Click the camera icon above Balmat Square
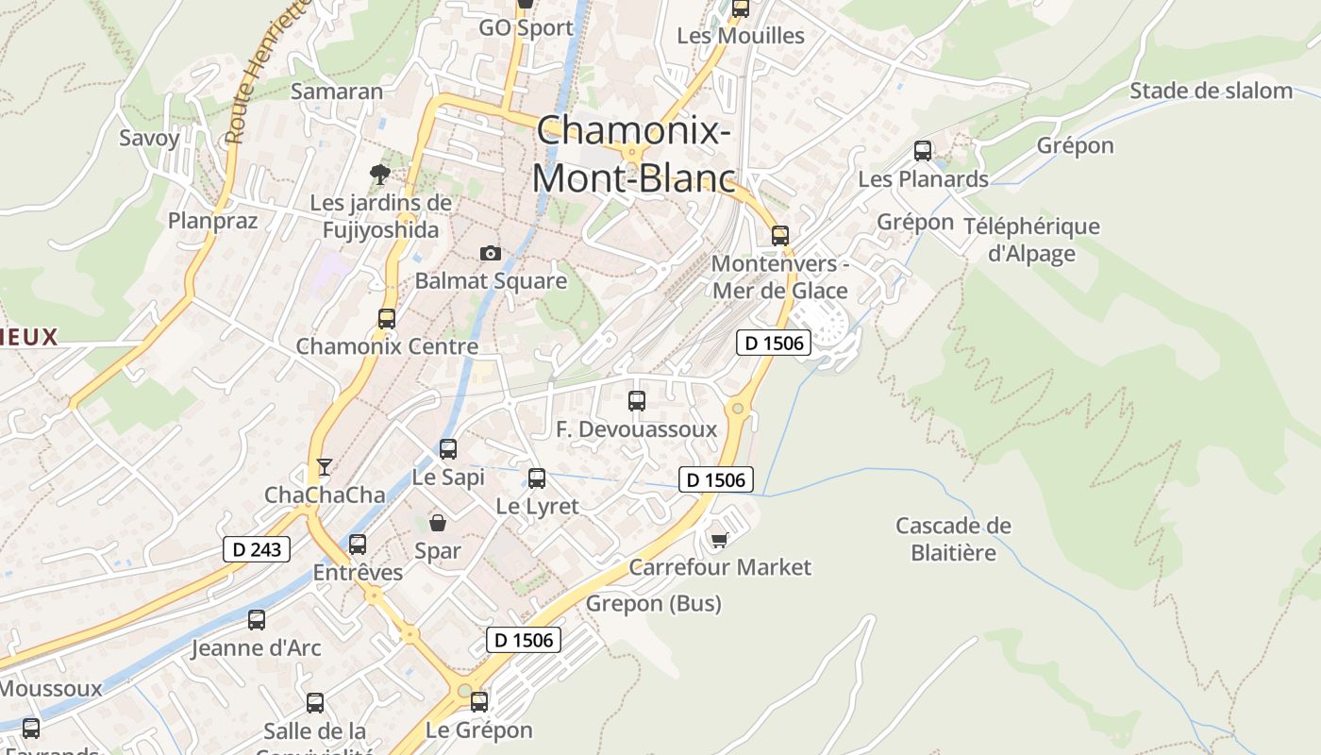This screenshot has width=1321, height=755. [x=490, y=253]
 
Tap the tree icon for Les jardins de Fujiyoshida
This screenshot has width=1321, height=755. [x=380, y=174]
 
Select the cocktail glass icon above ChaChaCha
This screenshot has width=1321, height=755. [x=325, y=466]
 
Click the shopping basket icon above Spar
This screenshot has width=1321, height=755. [x=438, y=522]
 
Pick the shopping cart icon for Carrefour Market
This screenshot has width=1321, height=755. [x=720, y=539]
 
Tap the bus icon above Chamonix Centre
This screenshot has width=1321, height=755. [x=387, y=319]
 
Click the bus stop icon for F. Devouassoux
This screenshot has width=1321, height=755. [x=637, y=401]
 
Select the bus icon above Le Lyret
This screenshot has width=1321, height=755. [x=537, y=478]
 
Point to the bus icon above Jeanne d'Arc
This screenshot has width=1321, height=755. [x=257, y=620]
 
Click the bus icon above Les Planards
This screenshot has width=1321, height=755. [x=923, y=151]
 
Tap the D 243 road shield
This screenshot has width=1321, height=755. [x=257, y=549]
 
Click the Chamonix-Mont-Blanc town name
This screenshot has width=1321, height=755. [x=634, y=153]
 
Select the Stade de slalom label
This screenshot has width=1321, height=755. [x=1211, y=91]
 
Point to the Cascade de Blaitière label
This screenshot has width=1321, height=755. [x=953, y=539]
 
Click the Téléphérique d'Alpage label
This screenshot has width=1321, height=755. [x=1031, y=240]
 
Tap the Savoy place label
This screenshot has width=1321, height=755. [x=149, y=138]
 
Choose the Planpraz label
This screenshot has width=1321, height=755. [x=212, y=221]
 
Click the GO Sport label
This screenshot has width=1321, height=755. [x=526, y=27]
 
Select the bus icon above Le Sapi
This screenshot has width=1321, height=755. [x=448, y=449]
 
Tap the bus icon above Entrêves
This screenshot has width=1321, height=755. [x=358, y=545]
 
